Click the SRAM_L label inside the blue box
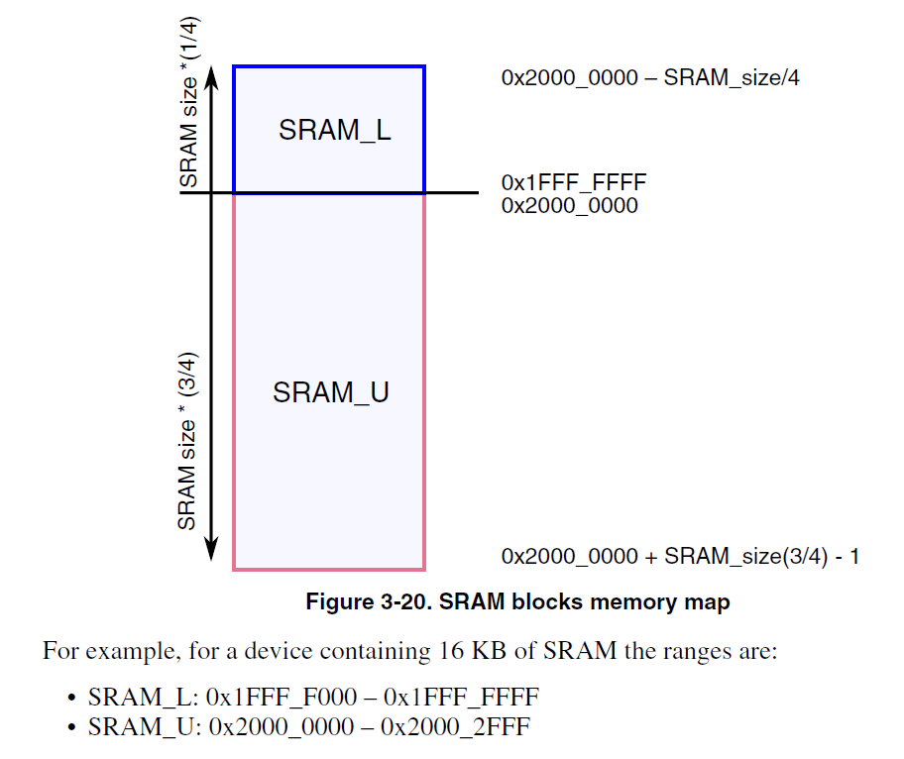point(334,131)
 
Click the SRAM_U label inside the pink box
point(330,392)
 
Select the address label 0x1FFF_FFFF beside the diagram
point(574,183)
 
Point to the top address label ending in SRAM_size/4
point(650,78)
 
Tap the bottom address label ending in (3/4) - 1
point(680,557)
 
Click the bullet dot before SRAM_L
point(72,699)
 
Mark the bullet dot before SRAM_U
point(72,728)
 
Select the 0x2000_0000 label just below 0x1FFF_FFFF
point(569,206)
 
